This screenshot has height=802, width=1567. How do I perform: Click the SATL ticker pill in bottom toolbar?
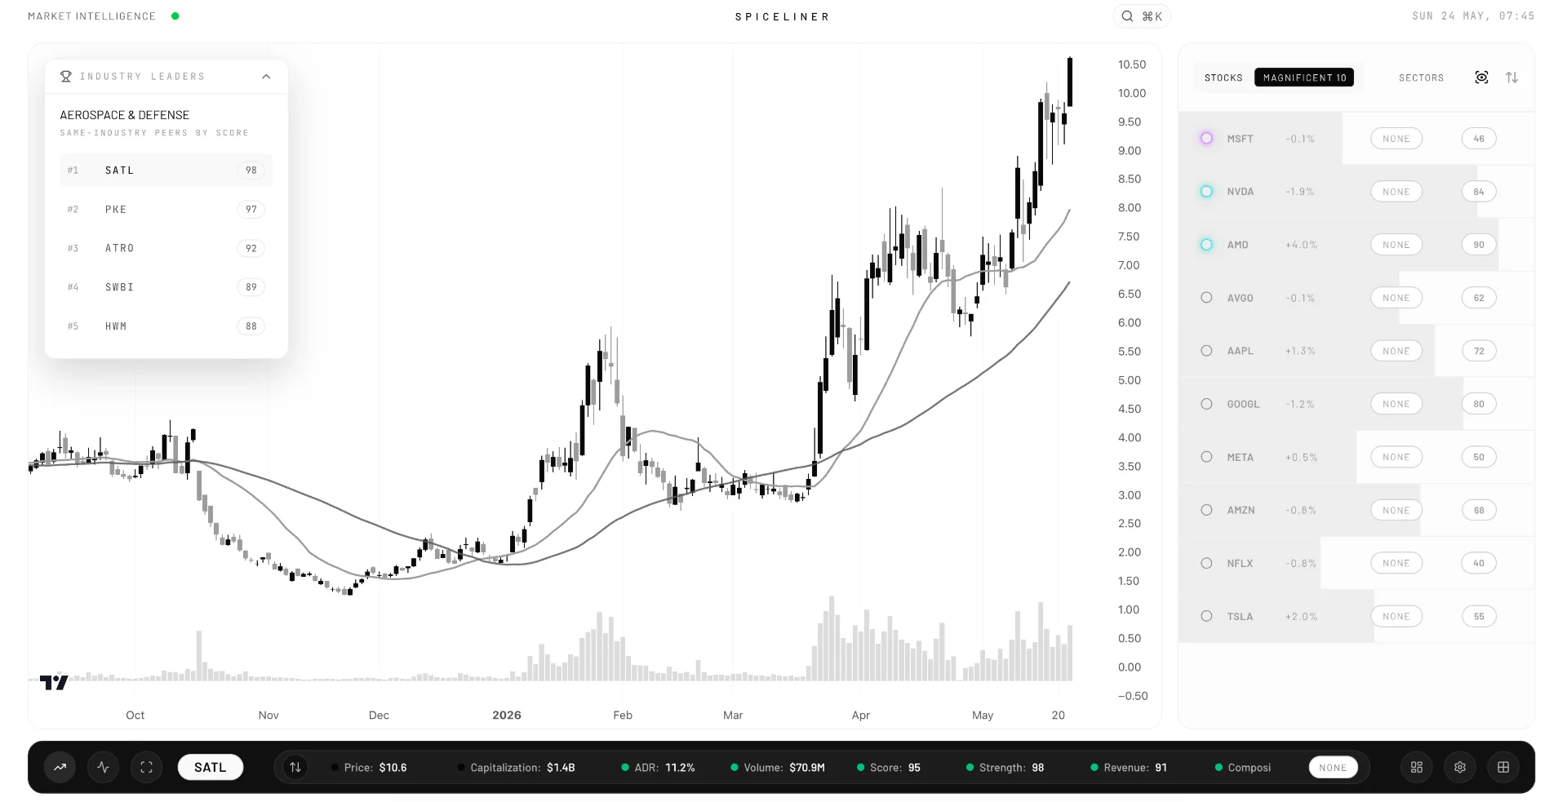click(x=210, y=767)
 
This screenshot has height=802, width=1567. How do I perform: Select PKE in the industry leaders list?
click(x=116, y=210)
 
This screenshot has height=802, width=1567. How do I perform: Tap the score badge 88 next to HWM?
click(x=251, y=326)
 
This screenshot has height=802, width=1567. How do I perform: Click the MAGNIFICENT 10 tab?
click(x=1304, y=78)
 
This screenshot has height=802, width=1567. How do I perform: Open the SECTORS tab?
click(x=1421, y=78)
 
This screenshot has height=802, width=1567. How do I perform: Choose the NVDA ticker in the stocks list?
click(x=1240, y=192)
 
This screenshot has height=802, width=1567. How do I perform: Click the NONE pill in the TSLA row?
click(x=1396, y=617)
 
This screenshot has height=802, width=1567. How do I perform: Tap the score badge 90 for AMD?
click(x=1479, y=245)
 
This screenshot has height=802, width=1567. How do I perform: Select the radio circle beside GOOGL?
click(x=1206, y=404)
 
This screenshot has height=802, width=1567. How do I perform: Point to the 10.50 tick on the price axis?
click(x=1132, y=64)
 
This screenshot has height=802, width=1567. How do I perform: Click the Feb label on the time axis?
click(x=623, y=715)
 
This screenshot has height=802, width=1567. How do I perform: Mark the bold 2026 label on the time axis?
click(x=507, y=715)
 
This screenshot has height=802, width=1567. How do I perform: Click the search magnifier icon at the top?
click(x=1127, y=16)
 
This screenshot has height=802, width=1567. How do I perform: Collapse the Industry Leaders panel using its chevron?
click(x=266, y=77)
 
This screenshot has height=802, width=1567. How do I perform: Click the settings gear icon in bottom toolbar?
click(x=1460, y=767)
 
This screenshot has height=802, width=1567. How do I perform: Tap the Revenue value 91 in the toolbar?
click(x=1161, y=768)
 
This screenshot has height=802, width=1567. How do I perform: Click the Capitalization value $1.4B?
click(x=561, y=768)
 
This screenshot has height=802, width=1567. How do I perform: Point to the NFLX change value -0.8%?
click(x=1301, y=564)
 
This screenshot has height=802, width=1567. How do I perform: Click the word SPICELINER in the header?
click(x=782, y=16)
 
